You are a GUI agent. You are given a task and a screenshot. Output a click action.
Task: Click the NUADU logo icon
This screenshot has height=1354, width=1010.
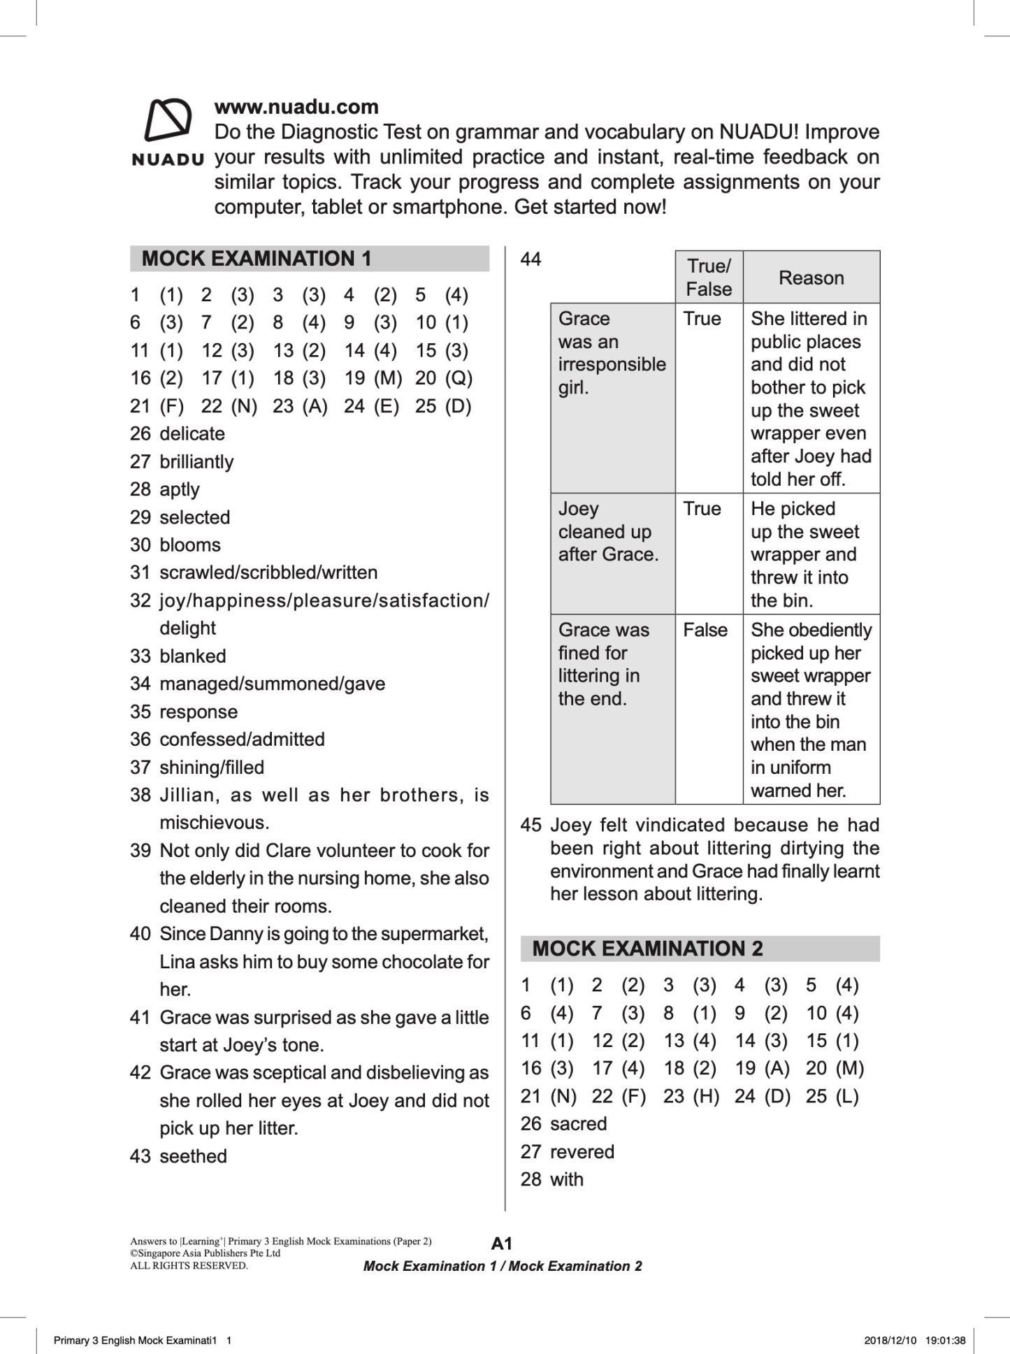168,120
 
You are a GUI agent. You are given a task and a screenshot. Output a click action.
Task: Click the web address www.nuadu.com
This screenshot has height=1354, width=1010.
296,107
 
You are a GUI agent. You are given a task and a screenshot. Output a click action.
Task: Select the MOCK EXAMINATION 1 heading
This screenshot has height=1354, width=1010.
257,259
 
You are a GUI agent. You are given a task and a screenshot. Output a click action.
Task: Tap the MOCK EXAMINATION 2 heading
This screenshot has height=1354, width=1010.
647,949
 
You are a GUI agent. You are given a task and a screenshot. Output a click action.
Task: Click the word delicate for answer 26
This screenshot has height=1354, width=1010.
192,433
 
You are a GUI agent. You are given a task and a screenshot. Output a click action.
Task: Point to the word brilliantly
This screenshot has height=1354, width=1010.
196,461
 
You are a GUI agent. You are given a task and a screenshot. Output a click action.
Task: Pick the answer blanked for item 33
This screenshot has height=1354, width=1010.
192,656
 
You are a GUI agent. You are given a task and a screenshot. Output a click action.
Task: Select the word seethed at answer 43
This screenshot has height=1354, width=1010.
193,1155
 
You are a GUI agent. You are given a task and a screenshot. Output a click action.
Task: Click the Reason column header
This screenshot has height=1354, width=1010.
811,278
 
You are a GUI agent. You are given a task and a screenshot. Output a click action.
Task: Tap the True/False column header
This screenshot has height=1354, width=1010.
709,277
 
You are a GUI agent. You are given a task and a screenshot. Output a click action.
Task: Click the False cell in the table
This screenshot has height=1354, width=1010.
705,630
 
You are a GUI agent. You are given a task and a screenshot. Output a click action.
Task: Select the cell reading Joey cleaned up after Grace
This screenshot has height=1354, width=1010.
608,531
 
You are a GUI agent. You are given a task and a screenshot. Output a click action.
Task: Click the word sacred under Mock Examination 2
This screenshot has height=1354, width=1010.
578,1123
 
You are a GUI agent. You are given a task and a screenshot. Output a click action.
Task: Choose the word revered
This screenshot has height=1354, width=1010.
582,1151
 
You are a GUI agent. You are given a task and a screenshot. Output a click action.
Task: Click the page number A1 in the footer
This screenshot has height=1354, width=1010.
502,1243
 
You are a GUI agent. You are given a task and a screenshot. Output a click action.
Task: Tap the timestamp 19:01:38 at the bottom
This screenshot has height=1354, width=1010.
945,1340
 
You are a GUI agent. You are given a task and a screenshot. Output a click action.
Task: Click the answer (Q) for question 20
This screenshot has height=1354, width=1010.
459,378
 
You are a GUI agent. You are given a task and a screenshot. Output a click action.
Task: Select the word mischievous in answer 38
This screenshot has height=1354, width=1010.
214,822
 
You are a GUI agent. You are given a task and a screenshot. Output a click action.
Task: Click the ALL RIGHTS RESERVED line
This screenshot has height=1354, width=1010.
189,1265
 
